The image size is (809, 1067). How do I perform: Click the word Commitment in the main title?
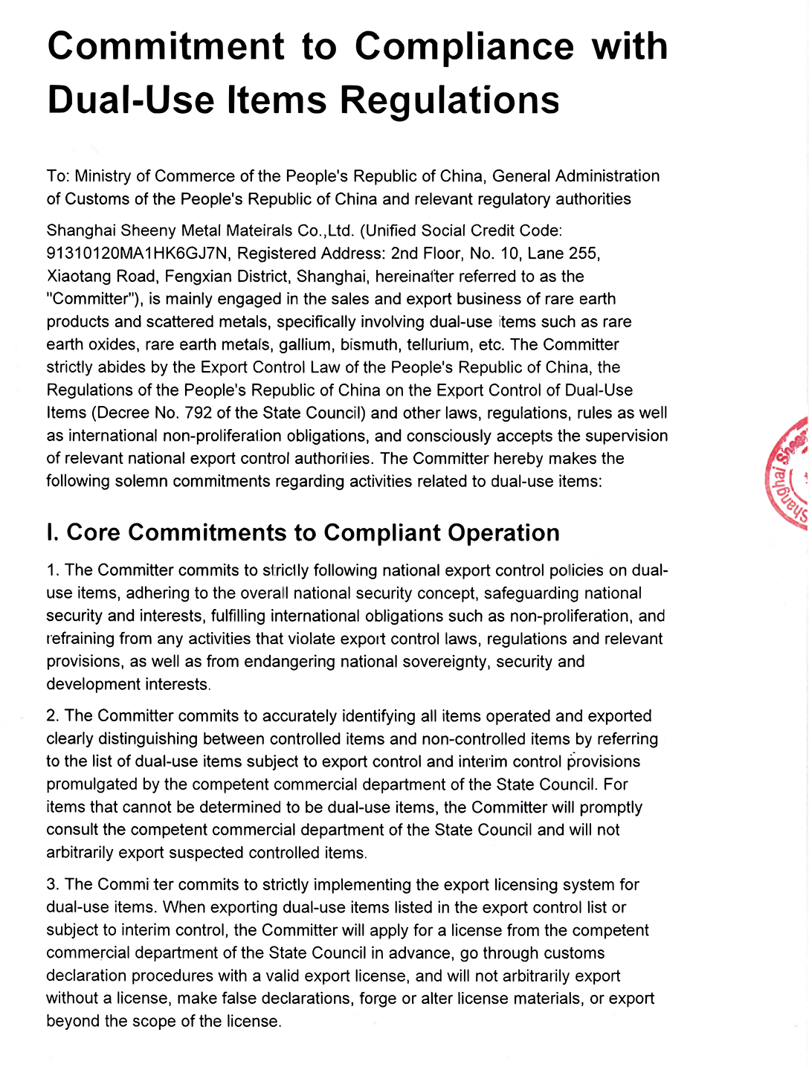tap(166, 46)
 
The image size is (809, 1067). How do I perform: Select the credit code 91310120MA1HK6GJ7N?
tap(138, 254)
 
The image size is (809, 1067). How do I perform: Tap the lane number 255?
tap(583, 254)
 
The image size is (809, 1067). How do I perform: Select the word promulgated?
tap(92, 784)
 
